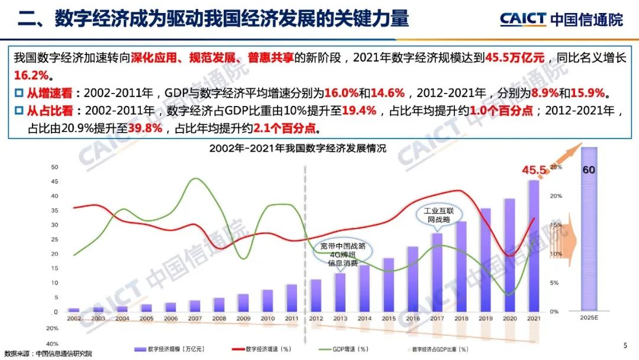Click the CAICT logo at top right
[x=561, y=19]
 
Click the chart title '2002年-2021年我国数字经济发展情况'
[x=297, y=149]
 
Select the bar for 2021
[x=534, y=246]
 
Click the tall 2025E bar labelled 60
[x=588, y=228]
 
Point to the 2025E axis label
[x=588, y=318]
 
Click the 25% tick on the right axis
[x=554, y=168]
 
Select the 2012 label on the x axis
[x=316, y=319]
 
